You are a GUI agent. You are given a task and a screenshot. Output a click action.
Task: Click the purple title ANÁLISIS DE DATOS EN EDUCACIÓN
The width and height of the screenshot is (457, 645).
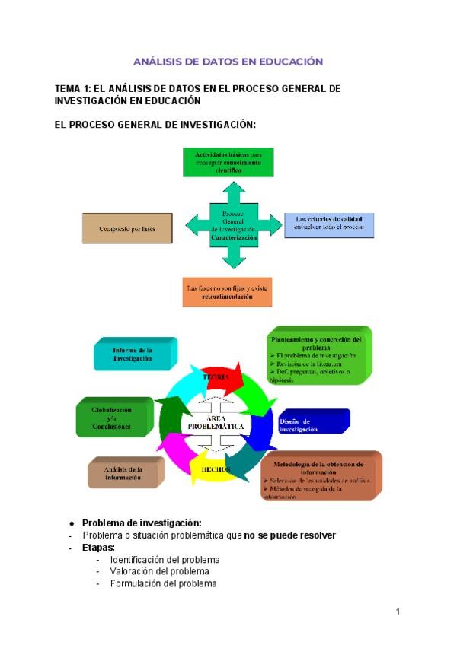click(x=228, y=62)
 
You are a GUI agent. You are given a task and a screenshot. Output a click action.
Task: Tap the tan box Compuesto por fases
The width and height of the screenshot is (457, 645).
click(x=126, y=227)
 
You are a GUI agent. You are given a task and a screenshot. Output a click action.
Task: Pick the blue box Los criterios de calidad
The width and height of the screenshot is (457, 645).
click(x=329, y=224)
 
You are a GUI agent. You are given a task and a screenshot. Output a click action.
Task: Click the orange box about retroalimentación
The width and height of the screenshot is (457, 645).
click(x=228, y=293)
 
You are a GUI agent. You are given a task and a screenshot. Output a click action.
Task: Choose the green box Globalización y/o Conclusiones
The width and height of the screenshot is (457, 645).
click(x=112, y=418)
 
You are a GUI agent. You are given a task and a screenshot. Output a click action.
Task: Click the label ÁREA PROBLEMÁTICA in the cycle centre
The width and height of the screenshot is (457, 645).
click(x=216, y=422)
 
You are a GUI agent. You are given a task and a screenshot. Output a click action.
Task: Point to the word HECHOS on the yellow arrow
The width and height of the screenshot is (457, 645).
click(x=216, y=469)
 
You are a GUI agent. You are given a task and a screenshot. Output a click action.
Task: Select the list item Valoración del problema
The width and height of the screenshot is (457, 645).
click(x=159, y=571)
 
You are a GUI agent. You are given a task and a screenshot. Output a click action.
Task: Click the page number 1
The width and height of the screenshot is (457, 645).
click(x=398, y=612)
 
